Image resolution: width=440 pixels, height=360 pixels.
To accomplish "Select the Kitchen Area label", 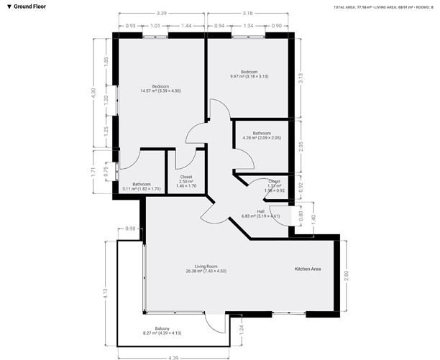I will pyautogui.click(x=307, y=269).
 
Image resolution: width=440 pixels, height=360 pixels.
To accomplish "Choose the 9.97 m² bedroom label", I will pyautogui.click(x=249, y=74).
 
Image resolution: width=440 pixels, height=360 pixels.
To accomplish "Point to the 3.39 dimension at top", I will pyautogui.click(x=162, y=12).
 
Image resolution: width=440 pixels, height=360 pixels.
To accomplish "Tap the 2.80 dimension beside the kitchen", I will pyautogui.click(x=346, y=274).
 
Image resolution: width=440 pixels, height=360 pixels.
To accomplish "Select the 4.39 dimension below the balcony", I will pyautogui.click(x=173, y=357).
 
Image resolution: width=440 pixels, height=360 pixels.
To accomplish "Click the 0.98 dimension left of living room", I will pyautogui.click(x=130, y=229).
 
